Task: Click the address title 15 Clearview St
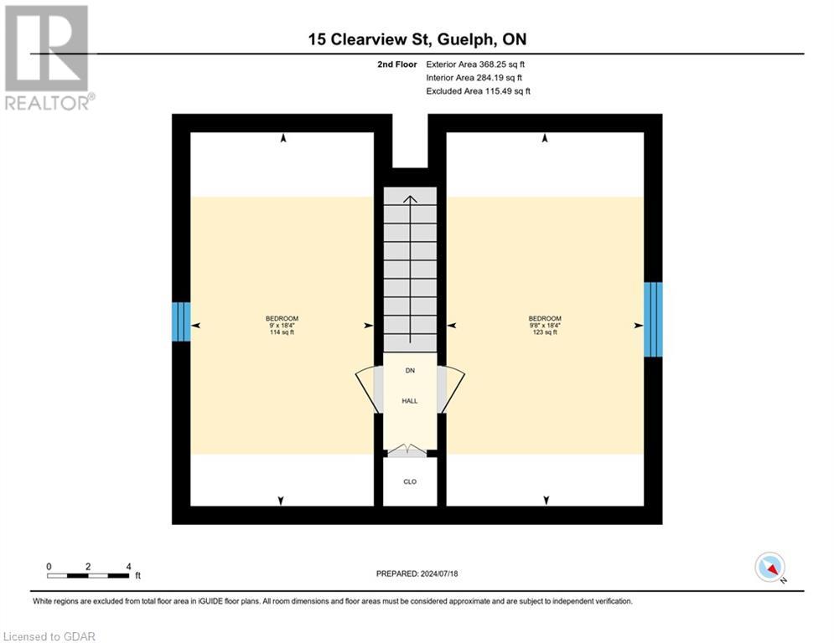[x=417, y=39]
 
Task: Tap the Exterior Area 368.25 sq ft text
[x=474, y=64]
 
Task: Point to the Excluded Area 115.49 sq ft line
[x=478, y=91]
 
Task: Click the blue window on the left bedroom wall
[x=181, y=321]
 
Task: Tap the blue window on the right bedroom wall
[x=653, y=320]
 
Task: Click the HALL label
[x=410, y=401]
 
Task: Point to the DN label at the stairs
[x=410, y=370]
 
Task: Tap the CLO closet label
[x=410, y=481]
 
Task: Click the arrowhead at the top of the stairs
[x=410, y=198]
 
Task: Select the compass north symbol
[x=769, y=568]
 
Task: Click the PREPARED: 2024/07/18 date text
[x=417, y=574]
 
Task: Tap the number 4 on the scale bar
[x=128, y=566]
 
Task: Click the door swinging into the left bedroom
[x=366, y=391]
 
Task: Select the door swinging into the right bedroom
[x=453, y=391]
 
